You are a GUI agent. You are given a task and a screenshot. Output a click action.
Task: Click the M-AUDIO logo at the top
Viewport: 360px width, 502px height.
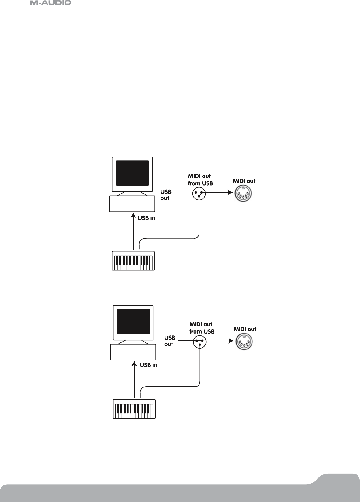point(51,3)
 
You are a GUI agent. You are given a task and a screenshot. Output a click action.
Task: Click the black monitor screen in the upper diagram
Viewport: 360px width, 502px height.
point(132,173)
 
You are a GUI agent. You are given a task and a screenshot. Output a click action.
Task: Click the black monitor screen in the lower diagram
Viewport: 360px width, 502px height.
point(134,321)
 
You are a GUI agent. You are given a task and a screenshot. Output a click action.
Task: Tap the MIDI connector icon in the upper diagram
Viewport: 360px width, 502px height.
point(244,194)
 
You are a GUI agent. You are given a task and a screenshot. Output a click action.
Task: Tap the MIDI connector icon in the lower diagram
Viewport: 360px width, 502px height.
point(245,342)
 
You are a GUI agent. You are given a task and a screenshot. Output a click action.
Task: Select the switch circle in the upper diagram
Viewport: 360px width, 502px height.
point(199,194)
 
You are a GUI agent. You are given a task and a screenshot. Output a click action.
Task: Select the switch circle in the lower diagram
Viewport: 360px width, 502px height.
point(200,342)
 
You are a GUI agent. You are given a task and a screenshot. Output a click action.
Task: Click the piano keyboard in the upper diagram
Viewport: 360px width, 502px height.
point(133,261)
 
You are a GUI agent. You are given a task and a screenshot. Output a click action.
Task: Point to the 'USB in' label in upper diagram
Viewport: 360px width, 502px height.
point(146,218)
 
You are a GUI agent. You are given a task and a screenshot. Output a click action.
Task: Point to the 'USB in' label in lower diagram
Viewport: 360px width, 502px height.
point(149,365)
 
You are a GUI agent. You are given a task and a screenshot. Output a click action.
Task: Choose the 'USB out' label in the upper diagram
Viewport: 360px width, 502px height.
point(166,195)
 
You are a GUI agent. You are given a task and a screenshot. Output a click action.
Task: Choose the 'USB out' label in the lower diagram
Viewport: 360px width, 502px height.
point(169,341)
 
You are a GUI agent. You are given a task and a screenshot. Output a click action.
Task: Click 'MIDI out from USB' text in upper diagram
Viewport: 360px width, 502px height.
point(200,180)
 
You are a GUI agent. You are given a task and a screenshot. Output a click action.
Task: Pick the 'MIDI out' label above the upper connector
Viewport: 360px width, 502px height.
point(244,181)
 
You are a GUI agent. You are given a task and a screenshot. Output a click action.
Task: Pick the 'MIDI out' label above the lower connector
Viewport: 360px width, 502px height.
point(245,330)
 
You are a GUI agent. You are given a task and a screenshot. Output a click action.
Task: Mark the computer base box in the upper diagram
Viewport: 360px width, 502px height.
point(132,204)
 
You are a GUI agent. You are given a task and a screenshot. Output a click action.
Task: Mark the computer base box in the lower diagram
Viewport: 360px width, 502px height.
point(133,352)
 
